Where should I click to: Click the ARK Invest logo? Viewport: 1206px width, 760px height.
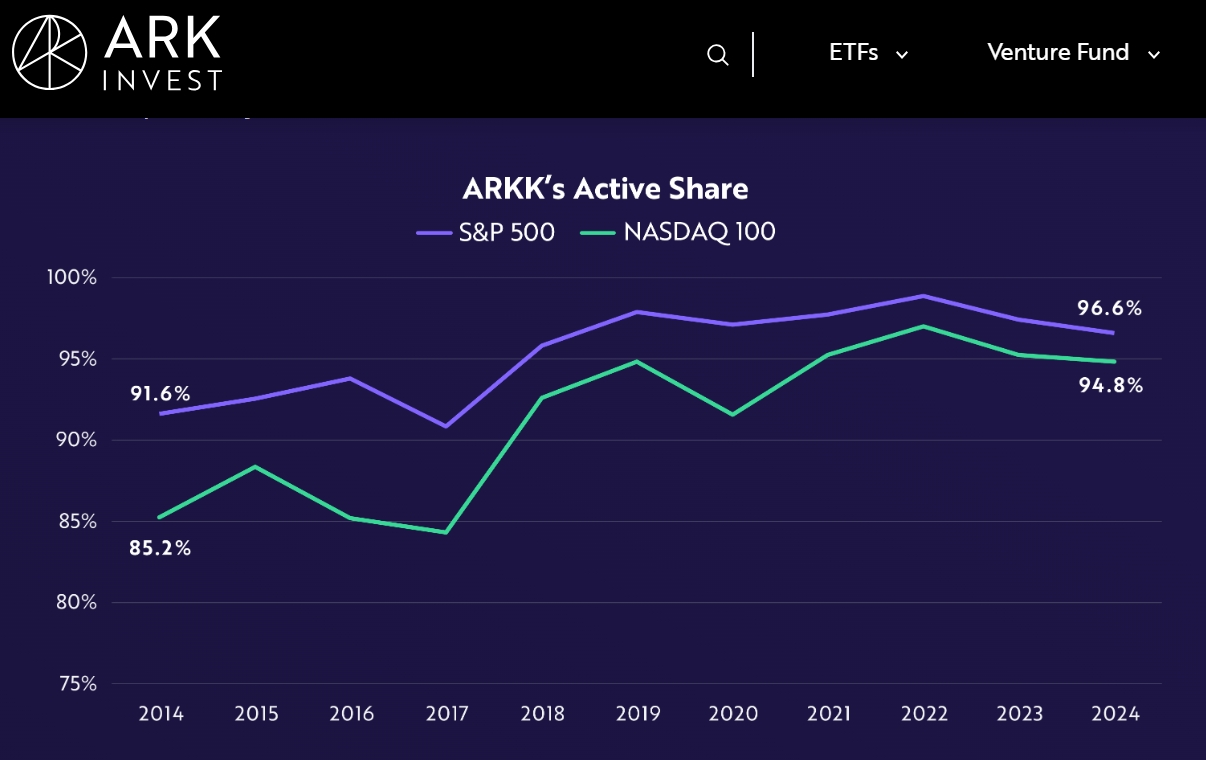coord(116,52)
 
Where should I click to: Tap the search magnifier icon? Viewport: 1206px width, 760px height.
coord(717,55)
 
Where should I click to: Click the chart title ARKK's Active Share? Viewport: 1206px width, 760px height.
coord(605,189)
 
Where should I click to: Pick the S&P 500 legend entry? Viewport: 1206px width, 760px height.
coord(486,232)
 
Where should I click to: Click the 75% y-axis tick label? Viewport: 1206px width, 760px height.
coord(75,684)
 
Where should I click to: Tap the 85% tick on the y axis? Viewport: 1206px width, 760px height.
coord(75,521)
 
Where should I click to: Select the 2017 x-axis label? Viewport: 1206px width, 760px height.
coord(447,714)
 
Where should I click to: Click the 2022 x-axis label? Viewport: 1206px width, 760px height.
coord(925,714)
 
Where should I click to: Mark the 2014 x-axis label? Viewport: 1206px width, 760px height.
coord(161,714)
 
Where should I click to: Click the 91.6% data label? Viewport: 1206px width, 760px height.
coord(160,394)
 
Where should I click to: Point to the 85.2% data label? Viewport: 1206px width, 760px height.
coord(160,548)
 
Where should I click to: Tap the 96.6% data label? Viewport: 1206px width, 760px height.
coord(1110,308)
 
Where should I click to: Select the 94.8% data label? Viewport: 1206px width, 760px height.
coord(1110,385)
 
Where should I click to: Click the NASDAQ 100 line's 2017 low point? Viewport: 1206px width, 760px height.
coord(446,532)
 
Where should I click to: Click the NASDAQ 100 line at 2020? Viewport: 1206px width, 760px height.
coord(733,414)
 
